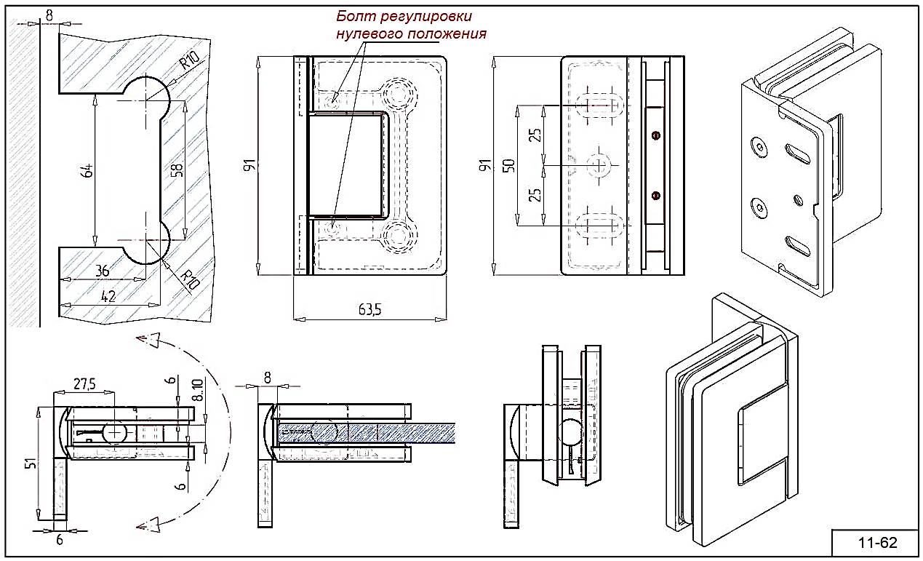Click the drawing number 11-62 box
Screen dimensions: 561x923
[x=876, y=542]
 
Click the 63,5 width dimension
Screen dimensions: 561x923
[x=369, y=309]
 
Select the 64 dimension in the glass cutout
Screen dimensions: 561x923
[x=87, y=171]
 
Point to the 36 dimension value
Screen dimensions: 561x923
[x=103, y=270]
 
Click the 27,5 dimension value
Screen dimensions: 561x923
[x=85, y=385]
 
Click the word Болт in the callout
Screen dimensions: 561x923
[x=353, y=17]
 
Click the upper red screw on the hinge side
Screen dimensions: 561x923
[x=656, y=135]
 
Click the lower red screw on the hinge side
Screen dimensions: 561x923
[x=656, y=194]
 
